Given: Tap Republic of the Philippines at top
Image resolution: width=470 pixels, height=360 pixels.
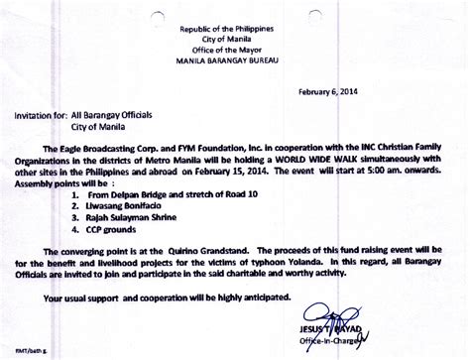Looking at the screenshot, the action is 235,14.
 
